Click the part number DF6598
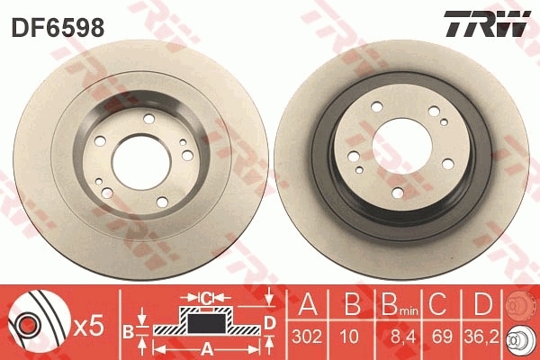click(57, 27)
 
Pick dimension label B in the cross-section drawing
click(128, 330)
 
